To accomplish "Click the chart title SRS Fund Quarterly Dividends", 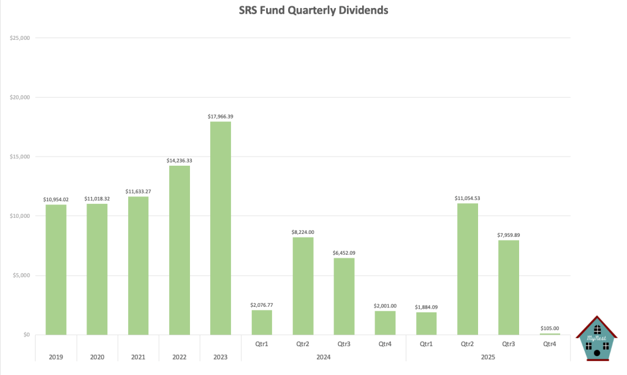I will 313,10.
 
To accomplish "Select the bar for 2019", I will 56,270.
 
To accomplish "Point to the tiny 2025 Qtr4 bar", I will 549,334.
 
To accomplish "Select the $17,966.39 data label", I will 221,116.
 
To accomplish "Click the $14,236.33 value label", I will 180,160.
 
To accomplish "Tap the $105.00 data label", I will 549,328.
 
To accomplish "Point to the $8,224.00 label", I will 303,232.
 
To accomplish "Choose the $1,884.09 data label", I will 426,307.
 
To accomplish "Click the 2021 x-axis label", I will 139,357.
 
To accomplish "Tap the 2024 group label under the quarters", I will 324,357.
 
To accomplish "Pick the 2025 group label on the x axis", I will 488,357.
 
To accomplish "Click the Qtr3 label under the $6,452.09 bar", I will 344,345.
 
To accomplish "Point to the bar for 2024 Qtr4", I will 385,323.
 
